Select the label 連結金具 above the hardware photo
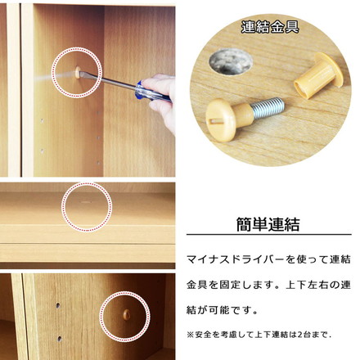(269, 27)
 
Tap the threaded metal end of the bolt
(267, 106)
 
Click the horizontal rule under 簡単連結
(269, 237)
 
